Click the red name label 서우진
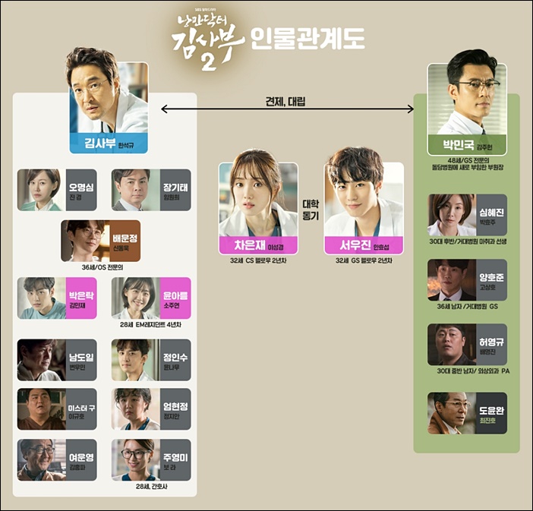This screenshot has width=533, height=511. tap(363, 245)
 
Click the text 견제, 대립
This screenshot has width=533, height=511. tap(287, 98)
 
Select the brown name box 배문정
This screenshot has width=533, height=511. tap(121, 241)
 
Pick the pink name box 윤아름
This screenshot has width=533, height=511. tap(172, 298)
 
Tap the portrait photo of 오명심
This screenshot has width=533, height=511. tap(39, 190)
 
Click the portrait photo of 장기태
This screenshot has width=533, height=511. tap(131, 190)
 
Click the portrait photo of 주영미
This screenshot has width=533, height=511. tap(131, 459)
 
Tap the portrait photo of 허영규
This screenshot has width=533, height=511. tap(451, 345)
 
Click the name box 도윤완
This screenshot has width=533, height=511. tap(491, 413)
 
